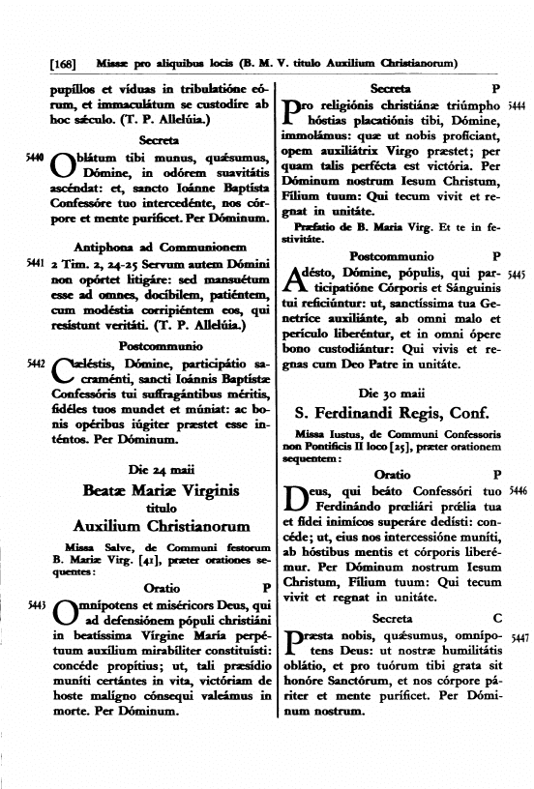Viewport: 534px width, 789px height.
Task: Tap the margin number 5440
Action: (x=34, y=154)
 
